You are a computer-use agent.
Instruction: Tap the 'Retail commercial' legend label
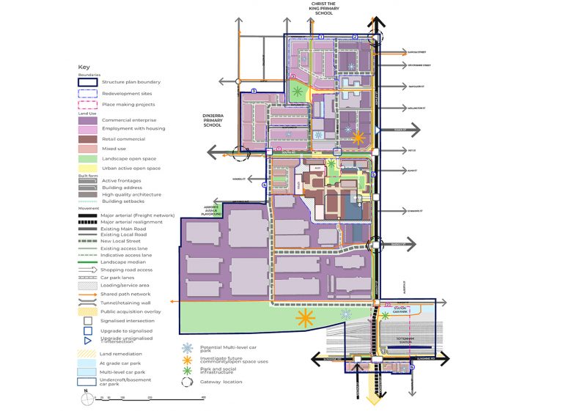click(123, 138)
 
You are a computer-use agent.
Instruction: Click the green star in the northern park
click(298, 92)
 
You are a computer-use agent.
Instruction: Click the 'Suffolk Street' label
click(416, 52)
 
